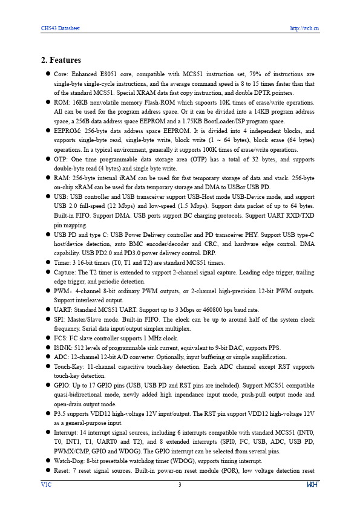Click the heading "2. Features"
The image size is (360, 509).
coord(61,60)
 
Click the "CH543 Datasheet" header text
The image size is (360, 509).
coord(60,28)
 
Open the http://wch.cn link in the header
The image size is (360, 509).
coord(304,28)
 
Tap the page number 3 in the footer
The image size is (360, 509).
coord(180,484)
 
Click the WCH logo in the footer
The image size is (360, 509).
coord(313,484)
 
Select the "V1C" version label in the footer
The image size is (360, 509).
coord(46,484)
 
